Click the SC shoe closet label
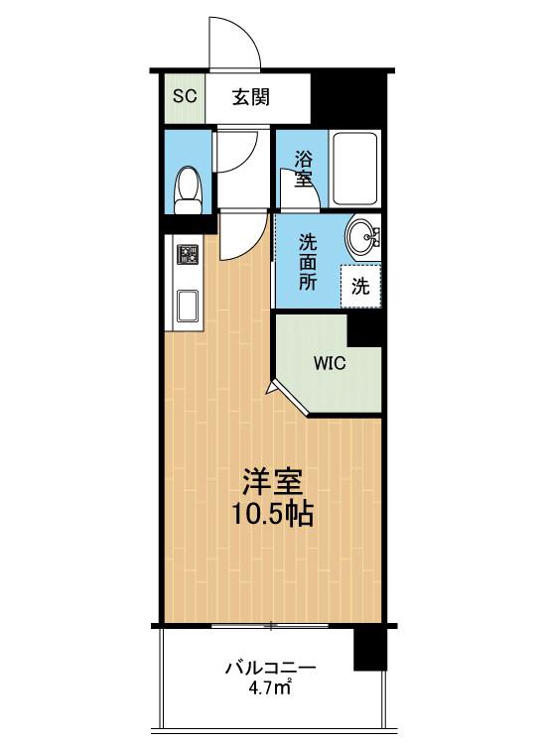(185, 96)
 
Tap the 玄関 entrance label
(251, 97)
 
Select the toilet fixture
(188, 189)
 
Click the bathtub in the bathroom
(355, 169)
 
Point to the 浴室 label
(303, 168)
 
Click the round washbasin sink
(363, 236)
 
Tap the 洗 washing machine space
(360, 286)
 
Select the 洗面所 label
(308, 262)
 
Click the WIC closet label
(330, 363)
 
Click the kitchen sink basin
(188, 307)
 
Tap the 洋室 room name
(272, 483)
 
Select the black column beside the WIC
(364, 328)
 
